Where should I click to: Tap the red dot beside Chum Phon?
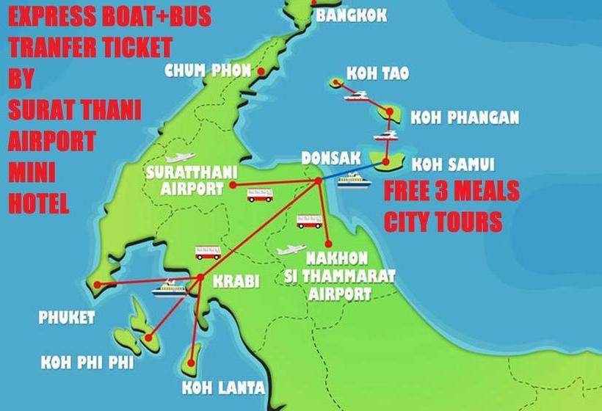click(x=259, y=71)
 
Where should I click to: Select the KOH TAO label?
click(x=377, y=74)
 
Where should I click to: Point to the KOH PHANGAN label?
click(x=465, y=117)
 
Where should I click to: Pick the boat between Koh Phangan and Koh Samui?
click(x=385, y=136)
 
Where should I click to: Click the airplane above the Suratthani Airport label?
click(x=180, y=157)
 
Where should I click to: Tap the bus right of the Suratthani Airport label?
click(x=259, y=194)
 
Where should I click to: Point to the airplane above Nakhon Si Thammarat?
click(x=291, y=250)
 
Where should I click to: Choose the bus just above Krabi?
click(x=208, y=252)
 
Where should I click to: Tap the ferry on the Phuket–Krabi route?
click(x=168, y=288)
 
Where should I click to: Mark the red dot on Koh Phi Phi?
click(x=149, y=338)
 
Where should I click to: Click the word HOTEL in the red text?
click(x=38, y=202)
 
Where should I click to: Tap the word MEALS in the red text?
click(x=482, y=192)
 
